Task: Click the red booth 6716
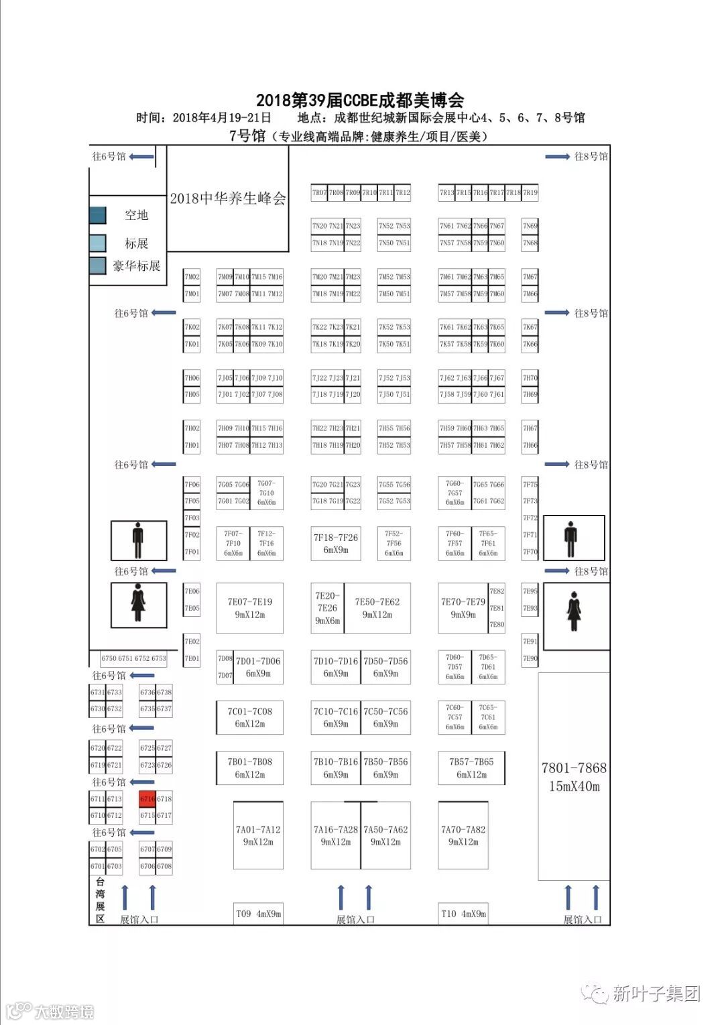[147, 798]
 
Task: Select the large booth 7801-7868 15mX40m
[574, 776]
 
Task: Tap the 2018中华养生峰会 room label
[228, 198]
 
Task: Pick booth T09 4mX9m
[258, 914]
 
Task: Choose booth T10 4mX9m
[463, 914]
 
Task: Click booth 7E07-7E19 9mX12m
[249, 608]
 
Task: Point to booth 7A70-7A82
[463, 835]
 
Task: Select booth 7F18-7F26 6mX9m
[336, 543]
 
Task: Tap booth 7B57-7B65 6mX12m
[471, 768]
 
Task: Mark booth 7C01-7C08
[249, 717]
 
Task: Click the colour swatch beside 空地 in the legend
[98, 215]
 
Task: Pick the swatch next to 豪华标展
[98, 265]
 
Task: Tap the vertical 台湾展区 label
[100, 900]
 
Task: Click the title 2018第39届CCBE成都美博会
[360, 101]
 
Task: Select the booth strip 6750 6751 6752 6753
[133, 658]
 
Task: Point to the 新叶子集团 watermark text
[656, 993]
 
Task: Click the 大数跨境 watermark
[64, 1011]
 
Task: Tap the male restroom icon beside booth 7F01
[138, 540]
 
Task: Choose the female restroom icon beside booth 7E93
[574, 611]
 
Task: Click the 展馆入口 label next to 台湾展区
[139, 920]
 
